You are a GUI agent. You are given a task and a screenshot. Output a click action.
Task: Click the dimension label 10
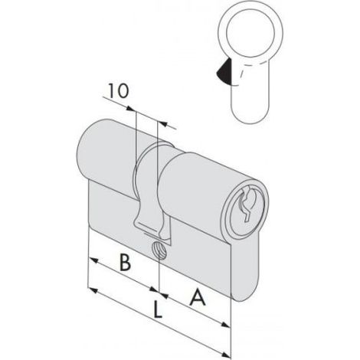click(x=118, y=91)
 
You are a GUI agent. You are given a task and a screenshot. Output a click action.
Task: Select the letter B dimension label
click(x=125, y=262)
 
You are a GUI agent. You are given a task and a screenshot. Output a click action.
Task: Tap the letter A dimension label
click(x=198, y=297)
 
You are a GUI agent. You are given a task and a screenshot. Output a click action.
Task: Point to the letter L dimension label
click(x=158, y=309)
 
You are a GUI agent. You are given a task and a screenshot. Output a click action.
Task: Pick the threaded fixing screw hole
click(x=159, y=250)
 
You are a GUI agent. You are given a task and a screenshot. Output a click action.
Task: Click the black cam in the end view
click(x=224, y=71)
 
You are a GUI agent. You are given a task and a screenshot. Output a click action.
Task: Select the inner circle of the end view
click(x=250, y=34)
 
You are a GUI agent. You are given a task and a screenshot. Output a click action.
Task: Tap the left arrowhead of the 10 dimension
click(x=131, y=109)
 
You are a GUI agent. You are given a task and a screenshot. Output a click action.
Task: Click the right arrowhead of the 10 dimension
click(x=163, y=124)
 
